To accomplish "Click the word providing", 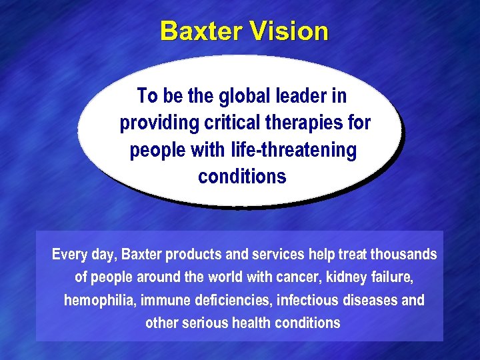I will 159,124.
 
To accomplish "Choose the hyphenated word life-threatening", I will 285,150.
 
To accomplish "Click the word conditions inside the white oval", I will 242,177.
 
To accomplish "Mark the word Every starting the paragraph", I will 69,255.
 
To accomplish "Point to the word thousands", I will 404,255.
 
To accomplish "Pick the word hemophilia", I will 99,300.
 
